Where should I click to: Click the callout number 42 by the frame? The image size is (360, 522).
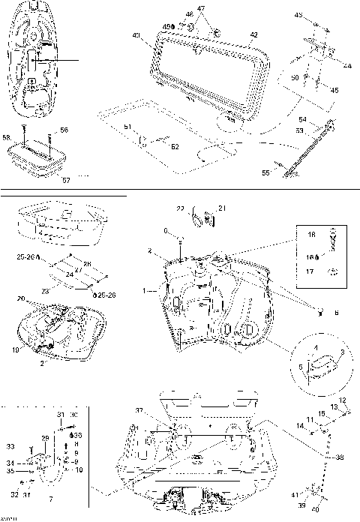coord(254,34)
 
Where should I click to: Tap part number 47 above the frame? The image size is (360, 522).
coord(200,8)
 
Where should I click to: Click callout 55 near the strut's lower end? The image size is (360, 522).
coord(265,172)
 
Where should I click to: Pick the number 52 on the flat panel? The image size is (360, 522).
coord(175,147)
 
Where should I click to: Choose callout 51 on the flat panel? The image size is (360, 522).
coord(127,126)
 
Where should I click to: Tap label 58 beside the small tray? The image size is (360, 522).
coord(6,137)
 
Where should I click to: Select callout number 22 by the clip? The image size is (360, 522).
coord(180,208)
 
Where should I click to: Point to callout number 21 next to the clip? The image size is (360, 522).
coord(221,208)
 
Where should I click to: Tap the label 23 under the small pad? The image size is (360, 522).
coord(44,289)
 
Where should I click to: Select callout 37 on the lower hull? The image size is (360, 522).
coord(138,410)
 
